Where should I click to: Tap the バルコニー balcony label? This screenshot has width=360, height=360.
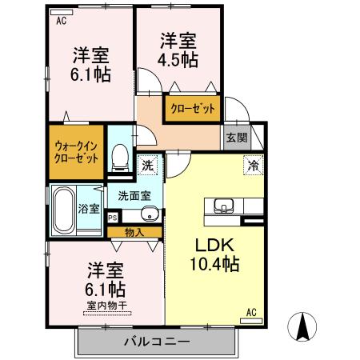point(157,342)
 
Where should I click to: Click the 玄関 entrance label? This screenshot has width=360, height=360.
point(236,136)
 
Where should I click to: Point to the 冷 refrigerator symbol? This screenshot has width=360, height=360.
point(253,166)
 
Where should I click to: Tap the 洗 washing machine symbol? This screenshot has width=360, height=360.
point(147,166)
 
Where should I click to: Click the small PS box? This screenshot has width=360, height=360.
point(112,217)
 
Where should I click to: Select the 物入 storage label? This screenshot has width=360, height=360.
point(134,233)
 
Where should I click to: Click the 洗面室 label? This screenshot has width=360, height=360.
point(134,194)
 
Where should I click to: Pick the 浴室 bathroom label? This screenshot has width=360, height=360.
point(89,210)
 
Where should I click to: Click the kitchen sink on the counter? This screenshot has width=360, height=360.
point(222,205)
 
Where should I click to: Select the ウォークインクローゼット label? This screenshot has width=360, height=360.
point(78,152)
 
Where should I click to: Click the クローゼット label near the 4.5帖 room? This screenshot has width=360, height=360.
point(191,110)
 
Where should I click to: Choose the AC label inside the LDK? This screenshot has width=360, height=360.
point(251,312)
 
